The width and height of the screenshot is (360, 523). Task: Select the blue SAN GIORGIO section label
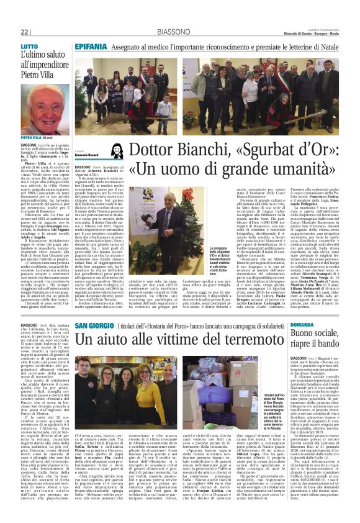pyautogui.click(x=94, y=325)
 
